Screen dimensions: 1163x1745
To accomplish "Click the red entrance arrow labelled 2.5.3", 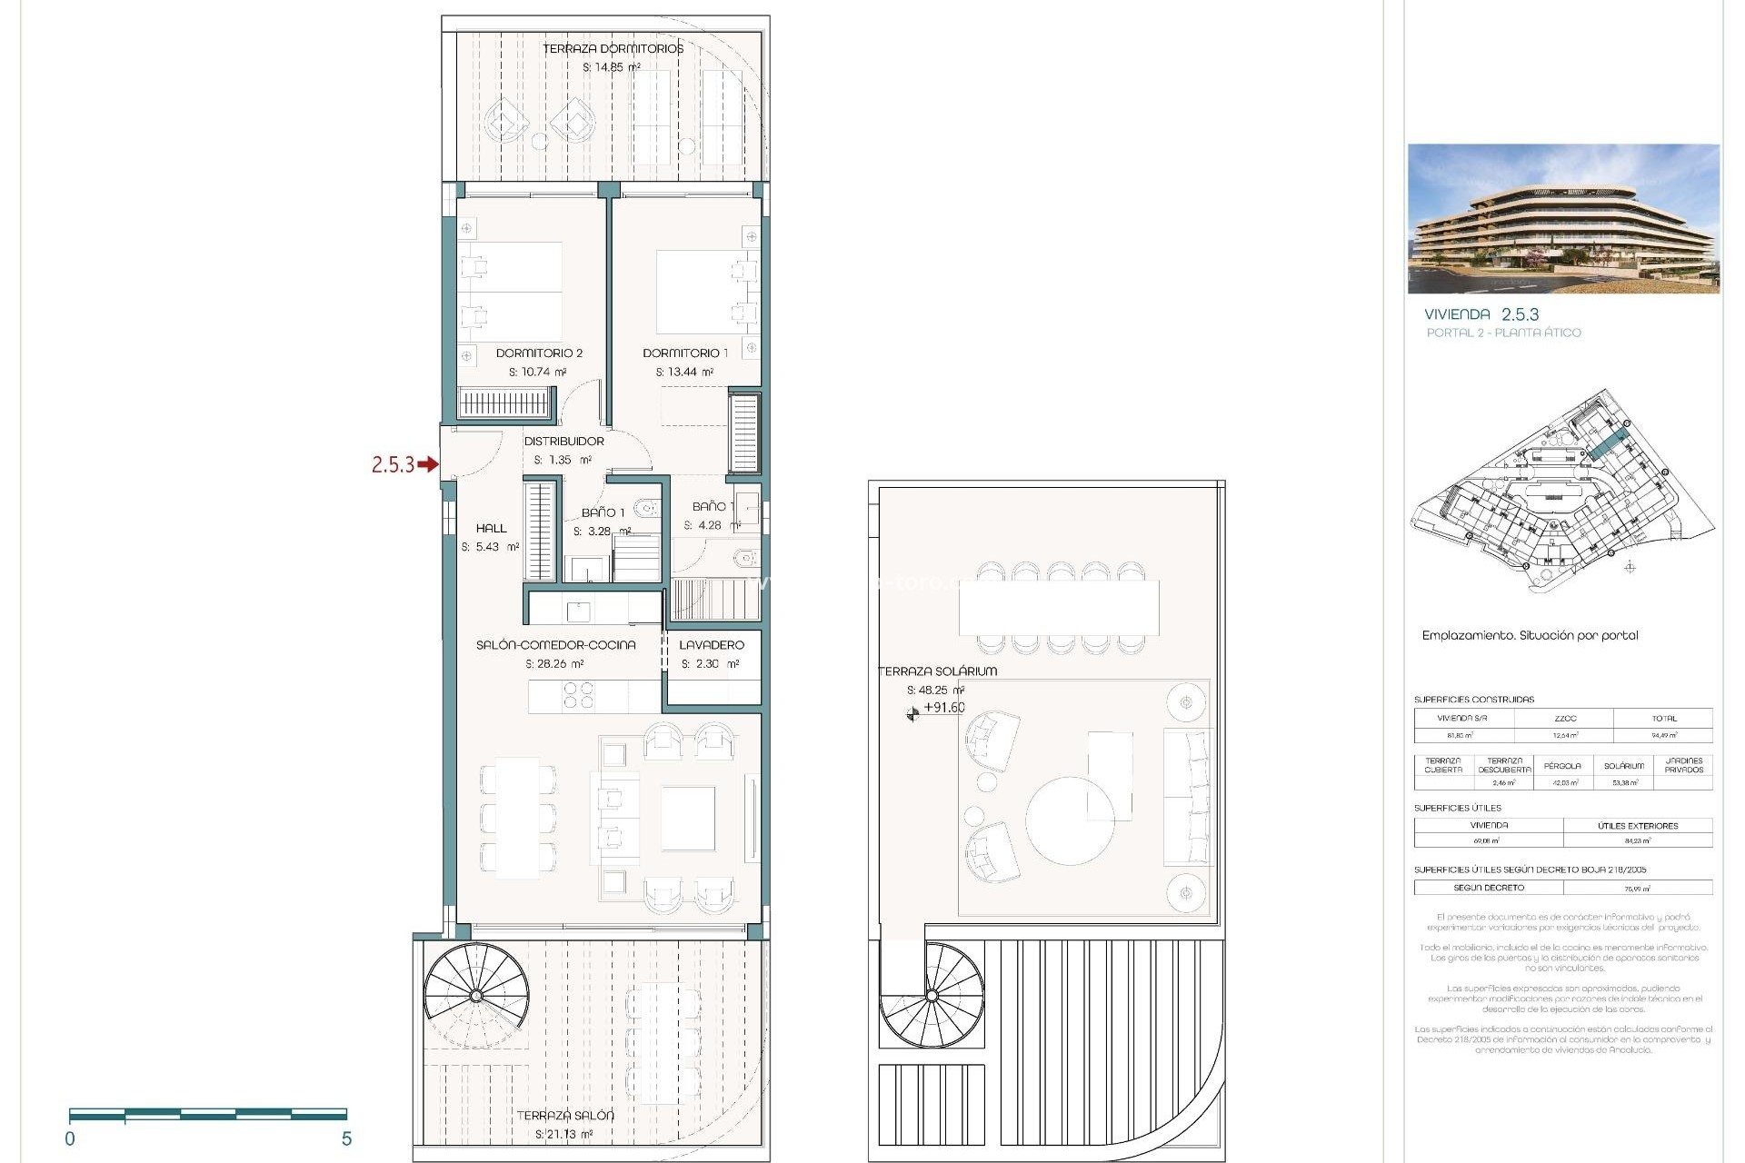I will coord(427,464).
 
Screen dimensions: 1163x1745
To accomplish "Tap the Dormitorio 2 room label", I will coord(539,353).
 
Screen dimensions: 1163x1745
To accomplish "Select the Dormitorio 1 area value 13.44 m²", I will coord(684,372).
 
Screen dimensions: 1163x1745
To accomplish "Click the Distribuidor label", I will coord(563,441).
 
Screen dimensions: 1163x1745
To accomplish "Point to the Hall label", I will coord(491,528).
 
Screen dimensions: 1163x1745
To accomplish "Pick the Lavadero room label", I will coord(712,644).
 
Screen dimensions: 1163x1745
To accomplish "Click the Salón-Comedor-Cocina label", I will coord(555,644).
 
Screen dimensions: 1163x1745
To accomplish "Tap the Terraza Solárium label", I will coord(938,671).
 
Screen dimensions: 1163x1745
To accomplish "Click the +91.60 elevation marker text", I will coord(943,707).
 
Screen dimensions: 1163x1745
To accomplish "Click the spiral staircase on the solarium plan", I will coord(932,996).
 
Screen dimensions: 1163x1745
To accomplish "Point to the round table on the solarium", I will coord(1070,820).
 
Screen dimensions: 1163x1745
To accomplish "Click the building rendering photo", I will coord(1563,218).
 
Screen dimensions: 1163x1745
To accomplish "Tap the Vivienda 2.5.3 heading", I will coord(1481,314).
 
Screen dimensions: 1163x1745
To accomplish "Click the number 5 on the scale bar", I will coord(346,1138).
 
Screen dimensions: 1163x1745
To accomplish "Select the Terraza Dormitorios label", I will coord(613,48).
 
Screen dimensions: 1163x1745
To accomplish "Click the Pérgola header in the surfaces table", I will coord(1562,766).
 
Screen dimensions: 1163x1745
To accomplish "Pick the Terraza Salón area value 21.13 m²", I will coord(563,1134).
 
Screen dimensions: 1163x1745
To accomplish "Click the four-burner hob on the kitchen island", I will coord(578,695).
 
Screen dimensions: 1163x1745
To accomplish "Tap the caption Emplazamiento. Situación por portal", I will coord(1530,635).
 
